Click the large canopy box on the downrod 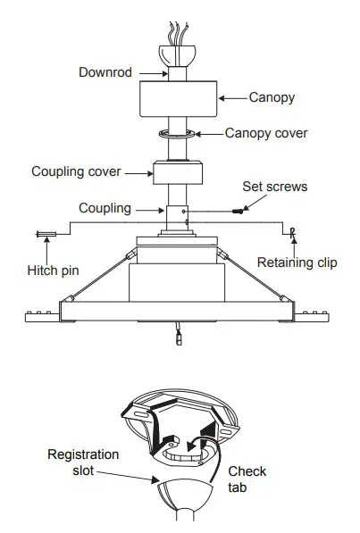coord(178,98)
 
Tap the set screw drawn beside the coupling coord(237,212)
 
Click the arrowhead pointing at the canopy coord(223,97)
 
